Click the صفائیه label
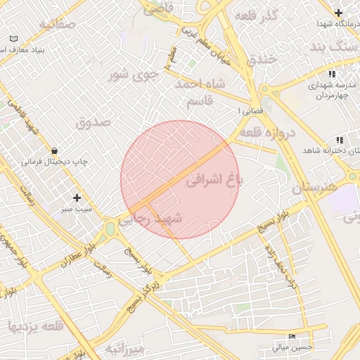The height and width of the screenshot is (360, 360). click(x=56, y=25)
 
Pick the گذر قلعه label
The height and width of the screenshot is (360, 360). click(x=258, y=15)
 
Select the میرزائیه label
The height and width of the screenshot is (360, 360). click(x=124, y=349)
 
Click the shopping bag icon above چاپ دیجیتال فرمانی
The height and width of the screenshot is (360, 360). click(x=55, y=150)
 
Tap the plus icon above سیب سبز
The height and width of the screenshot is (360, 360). click(x=77, y=198)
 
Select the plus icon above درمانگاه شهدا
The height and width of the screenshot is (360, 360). click(x=339, y=13)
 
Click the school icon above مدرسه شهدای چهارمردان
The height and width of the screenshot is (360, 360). click(x=331, y=73)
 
